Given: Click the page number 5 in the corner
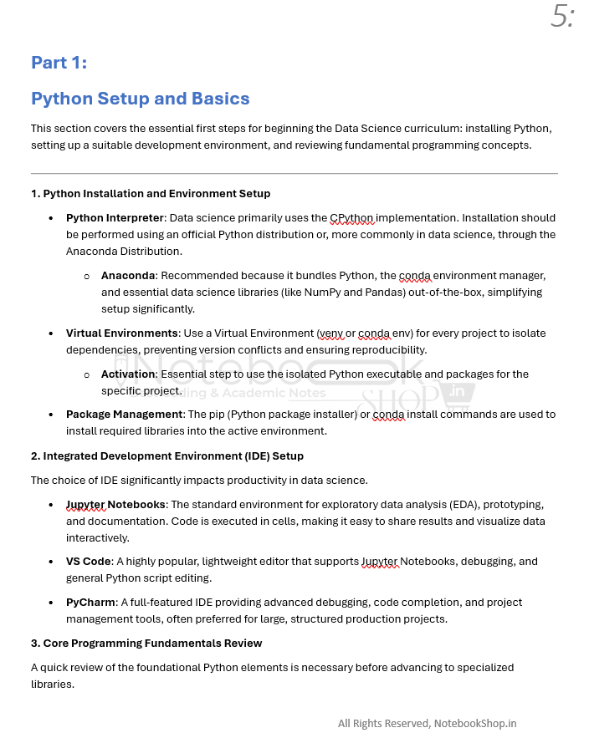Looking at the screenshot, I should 561,17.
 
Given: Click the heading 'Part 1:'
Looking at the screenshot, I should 59,63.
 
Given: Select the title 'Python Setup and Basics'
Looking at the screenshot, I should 140,99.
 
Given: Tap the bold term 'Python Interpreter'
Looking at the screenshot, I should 115,218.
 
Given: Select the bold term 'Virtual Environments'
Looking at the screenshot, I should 122,333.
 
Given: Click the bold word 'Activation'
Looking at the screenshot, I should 128,374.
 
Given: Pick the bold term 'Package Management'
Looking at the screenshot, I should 124,415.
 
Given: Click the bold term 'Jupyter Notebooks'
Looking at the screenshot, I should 116,505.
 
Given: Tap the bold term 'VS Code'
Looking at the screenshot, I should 89,562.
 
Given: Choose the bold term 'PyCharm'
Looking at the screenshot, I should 90,603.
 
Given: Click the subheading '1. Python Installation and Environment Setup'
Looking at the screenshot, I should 151,194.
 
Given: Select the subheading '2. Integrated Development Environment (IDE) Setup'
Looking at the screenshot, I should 167,456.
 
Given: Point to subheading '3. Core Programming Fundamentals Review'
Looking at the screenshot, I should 146,644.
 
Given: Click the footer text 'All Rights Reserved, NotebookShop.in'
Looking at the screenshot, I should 427,724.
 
